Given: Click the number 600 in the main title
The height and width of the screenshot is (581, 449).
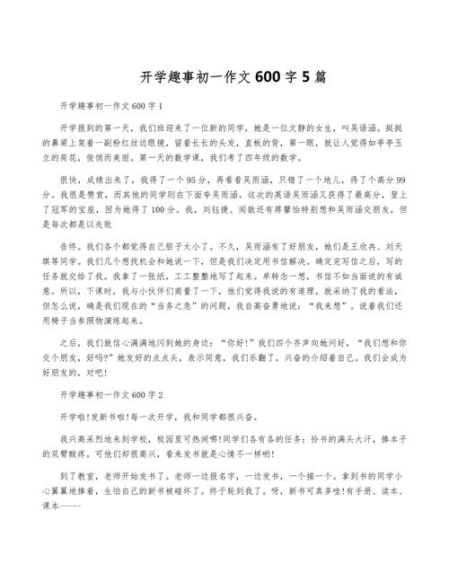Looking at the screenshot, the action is pyautogui.click(x=269, y=77).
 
